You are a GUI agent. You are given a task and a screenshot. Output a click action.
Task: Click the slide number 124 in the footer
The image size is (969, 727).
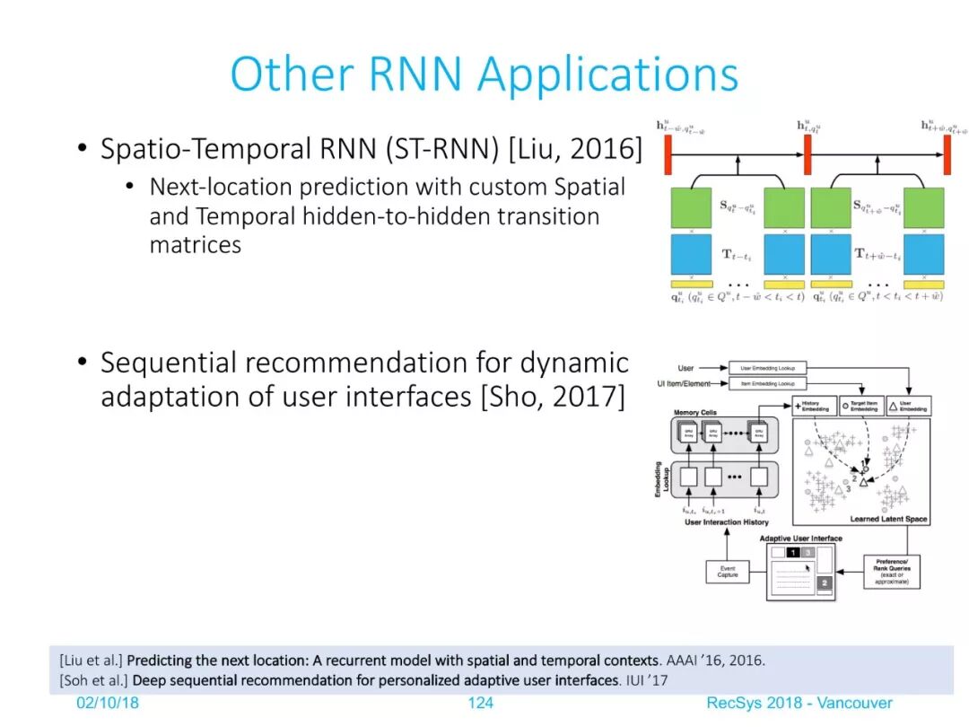(x=480, y=703)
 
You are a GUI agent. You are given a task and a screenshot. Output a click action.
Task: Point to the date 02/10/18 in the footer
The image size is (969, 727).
(x=107, y=703)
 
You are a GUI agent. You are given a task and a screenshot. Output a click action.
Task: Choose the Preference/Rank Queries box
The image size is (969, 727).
(x=891, y=571)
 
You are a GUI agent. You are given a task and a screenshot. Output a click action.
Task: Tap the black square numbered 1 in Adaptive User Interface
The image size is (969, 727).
(x=792, y=552)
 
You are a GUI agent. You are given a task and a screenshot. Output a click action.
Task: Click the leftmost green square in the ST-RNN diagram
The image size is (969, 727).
(x=691, y=207)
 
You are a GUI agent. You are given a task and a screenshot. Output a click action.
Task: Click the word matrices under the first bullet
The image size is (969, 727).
(x=195, y=245)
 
